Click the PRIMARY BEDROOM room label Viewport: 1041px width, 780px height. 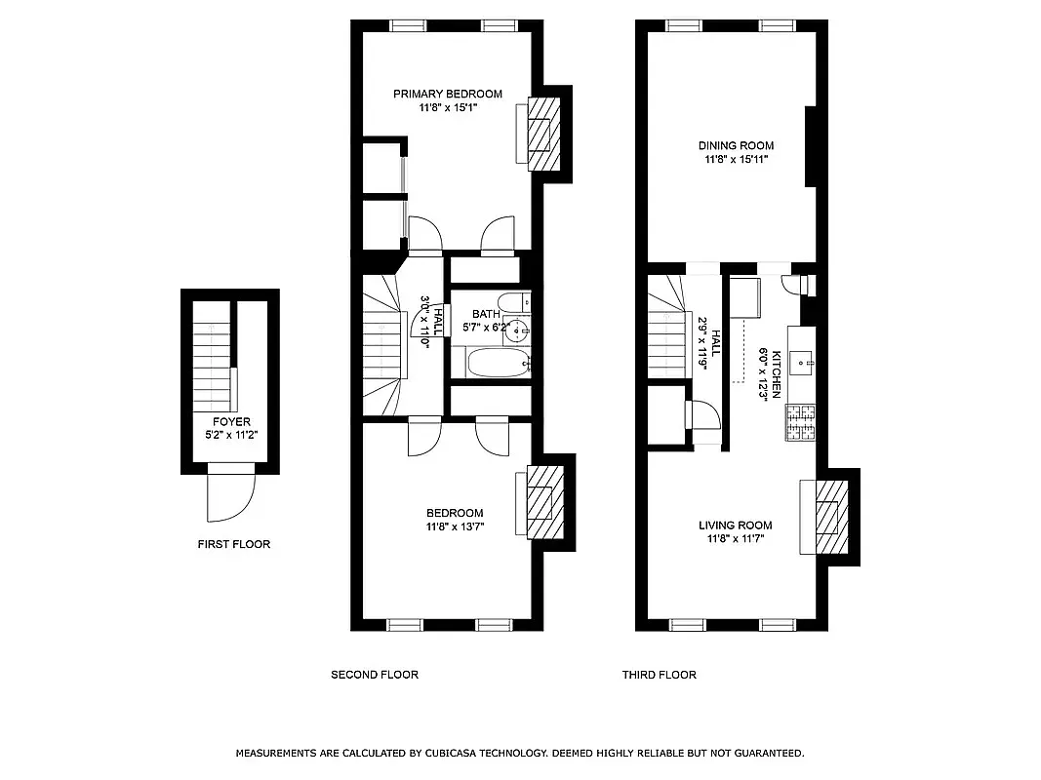coord(447,95)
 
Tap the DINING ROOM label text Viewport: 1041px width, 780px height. coord(737,146)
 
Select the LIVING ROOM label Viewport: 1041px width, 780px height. coord(735,526)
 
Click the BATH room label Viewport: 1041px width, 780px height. coord(486,314)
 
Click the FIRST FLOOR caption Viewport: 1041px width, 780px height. coord(233,544)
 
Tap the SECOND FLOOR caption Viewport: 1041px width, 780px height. coord(374,675)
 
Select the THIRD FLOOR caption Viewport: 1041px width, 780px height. coord(660,675)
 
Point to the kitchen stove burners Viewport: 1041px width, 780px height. coord(801,422)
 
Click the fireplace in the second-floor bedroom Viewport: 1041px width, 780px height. coord(542,501)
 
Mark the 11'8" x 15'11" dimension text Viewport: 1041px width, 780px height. coord(737,159)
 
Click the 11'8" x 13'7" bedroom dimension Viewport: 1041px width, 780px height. coord(455,526)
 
